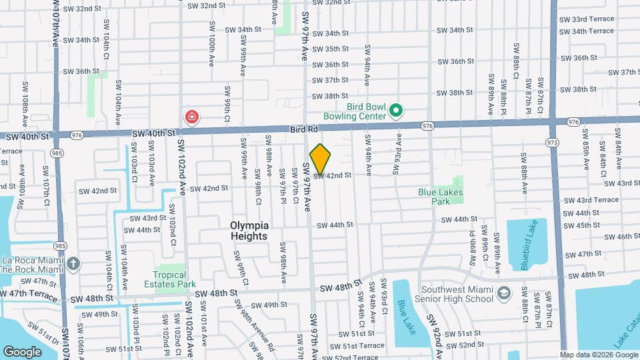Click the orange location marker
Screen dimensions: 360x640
[320, 159]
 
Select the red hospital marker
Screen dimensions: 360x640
[192, 117]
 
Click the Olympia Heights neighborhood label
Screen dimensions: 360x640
[249, 231]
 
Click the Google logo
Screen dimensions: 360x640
[23, 351]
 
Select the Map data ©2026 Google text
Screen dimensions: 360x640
[598, 355]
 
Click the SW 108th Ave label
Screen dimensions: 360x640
[25, 110]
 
